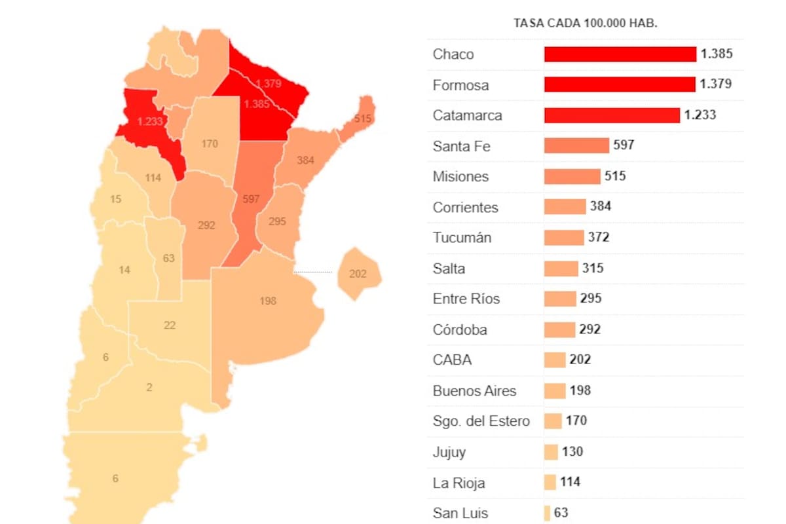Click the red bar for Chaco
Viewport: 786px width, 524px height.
point(620,54)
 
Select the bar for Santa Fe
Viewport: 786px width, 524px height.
point(576,145)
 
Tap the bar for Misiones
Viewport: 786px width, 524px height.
point(572,176)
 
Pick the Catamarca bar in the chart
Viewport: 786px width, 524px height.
point(612,115)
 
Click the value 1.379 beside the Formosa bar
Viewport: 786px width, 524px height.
point(716,84)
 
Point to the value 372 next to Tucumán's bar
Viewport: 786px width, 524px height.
point(599,237)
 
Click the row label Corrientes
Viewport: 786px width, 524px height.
point(465,208)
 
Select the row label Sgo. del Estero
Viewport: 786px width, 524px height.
point(481,421)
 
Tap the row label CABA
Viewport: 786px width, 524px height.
point(452,360)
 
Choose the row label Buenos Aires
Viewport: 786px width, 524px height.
point(474,391)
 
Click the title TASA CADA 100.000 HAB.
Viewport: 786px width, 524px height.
point(585,23)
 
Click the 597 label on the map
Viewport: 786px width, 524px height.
point(251,199)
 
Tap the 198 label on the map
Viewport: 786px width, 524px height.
point(268,301)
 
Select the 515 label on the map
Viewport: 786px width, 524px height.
point(362,119)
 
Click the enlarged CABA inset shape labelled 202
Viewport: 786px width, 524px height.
point(358,274)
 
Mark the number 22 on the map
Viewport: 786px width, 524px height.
point(170,325)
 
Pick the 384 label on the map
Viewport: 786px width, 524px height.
point(305,160)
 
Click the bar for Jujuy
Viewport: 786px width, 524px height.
point(551,452)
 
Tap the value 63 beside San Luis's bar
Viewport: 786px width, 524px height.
point(561,513)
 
